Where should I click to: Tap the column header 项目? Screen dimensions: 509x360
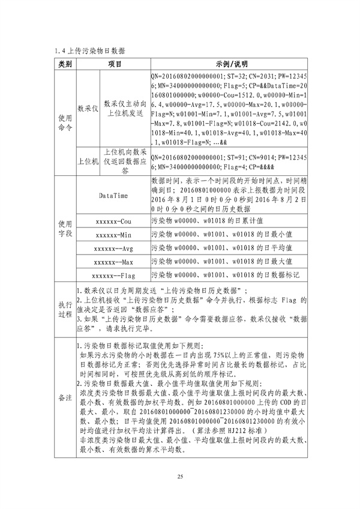[114, 64]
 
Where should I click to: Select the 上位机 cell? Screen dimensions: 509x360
[88, 161]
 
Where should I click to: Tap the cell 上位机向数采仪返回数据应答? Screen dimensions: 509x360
[125, 161]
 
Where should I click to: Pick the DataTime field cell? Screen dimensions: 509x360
[113, 195]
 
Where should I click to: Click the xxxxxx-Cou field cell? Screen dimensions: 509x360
[113, 221]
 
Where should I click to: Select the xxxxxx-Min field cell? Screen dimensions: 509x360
[113, 235]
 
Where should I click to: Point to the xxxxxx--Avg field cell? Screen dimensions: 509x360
[113, 248]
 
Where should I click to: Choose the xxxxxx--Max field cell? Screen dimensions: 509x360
[113, 262]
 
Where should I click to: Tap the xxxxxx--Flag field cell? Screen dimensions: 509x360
[113, 276]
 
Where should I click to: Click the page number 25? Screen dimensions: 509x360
[179, 476]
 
